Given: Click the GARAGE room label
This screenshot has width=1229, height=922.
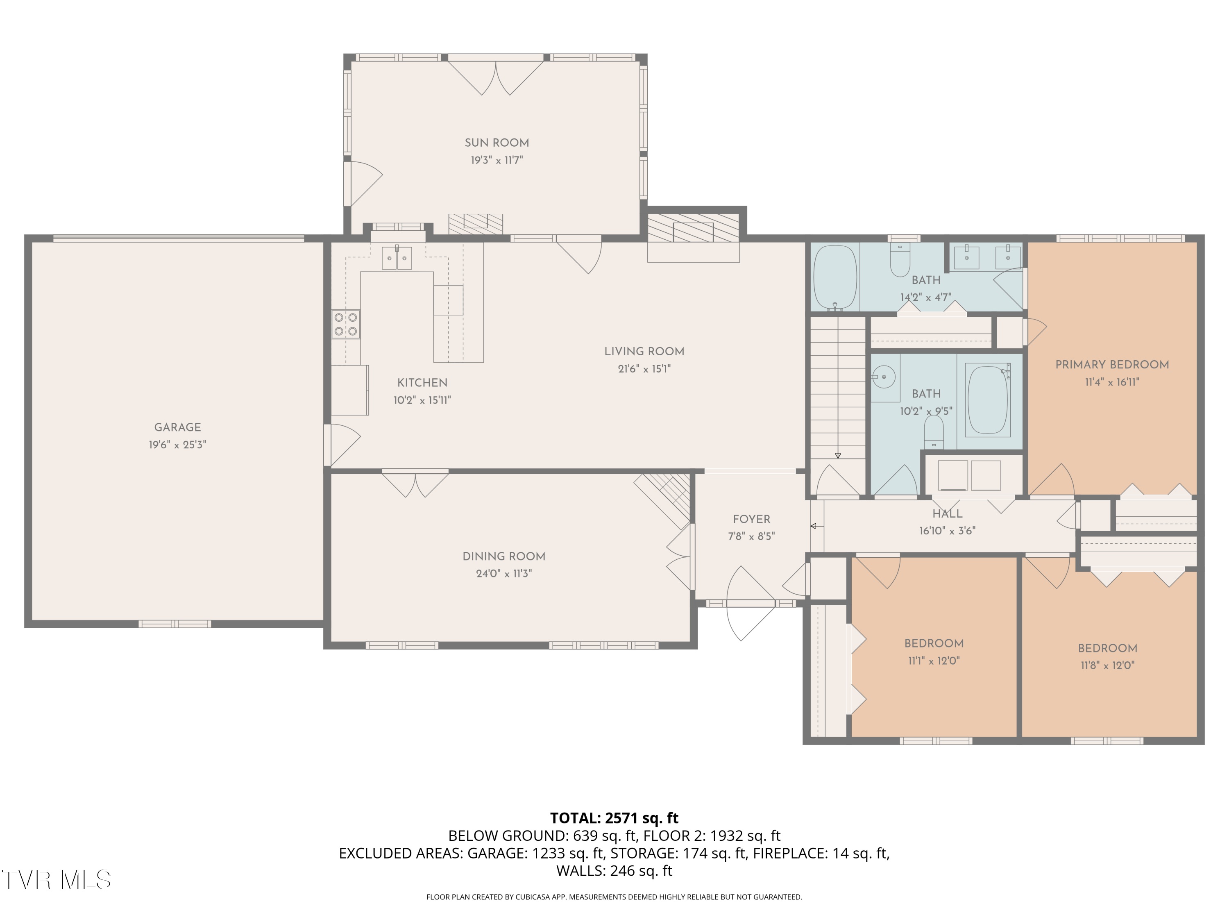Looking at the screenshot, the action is pyautogui.click(x=177, y=427).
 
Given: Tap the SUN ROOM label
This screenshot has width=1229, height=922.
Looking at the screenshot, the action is pyautogui.click(x=497, y=143).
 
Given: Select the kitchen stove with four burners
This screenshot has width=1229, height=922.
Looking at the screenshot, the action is pyautogui.click(x=346, y=325).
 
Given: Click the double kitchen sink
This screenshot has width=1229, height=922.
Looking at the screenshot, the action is pyautogui.click(x=397, y=258).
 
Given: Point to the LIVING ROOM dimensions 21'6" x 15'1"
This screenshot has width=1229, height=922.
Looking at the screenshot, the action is pyautogui.click(x=644, y=368).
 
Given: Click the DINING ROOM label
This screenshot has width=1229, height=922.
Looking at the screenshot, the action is pyautogui.click(x=504, y=556).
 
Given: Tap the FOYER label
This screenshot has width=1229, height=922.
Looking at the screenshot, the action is pyautogui.click(x=751, y=519).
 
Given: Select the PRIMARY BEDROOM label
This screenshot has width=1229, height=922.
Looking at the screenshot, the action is pyautogui.click(x=1112, y=365).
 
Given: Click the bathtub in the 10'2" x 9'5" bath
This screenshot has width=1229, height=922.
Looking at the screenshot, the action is pyautogui.click(x=988, y=400).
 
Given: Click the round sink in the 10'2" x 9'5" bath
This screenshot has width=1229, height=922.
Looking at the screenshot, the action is pyautogui.click(x=883, y=377).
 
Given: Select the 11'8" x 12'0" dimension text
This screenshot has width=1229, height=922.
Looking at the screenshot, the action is pyautogui.click(x=1107, y=665).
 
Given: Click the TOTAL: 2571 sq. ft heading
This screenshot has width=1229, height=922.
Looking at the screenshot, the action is pyautogui.click(x=614, y=818).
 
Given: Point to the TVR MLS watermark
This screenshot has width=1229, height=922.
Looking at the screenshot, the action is pyautogui.click(x=56, y=880).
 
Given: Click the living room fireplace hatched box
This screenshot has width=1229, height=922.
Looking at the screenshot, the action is pyautogui.click(x=694, y=228).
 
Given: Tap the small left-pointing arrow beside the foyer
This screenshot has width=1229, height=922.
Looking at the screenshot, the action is pyautogui.click(x=817, y=526).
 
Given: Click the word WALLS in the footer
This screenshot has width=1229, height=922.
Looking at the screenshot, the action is pyautogui.click(x=580, y=871).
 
